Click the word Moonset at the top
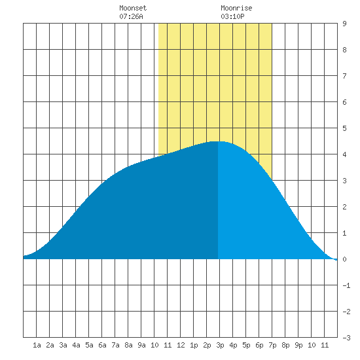click(x=133, y=8)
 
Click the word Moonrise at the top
click(x=236, y=8)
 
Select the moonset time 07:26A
click(x=131, y=16)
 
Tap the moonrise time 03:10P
click(x=232, y=16)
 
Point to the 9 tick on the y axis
click(x=344, y=24)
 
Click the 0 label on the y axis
click(x=344, y=259)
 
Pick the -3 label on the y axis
click(x=346, y=338)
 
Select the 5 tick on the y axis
click(x=344, y=128)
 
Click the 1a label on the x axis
click(x=37, y=345)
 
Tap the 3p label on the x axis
click(x=220, y=345)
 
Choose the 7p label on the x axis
click(x=272, y=345)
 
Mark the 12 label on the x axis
click(x=181, y=345)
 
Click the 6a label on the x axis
click(x=102, y=345)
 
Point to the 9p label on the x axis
click(x=298, y=345)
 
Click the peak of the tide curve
click(x=218, y=141)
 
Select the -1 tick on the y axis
click(x=346, y=285)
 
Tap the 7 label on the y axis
click(x=344, y=76)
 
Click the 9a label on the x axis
click(x=141, y=345)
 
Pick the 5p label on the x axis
click(x=246, y=345)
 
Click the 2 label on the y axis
click(x=344, y=207)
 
